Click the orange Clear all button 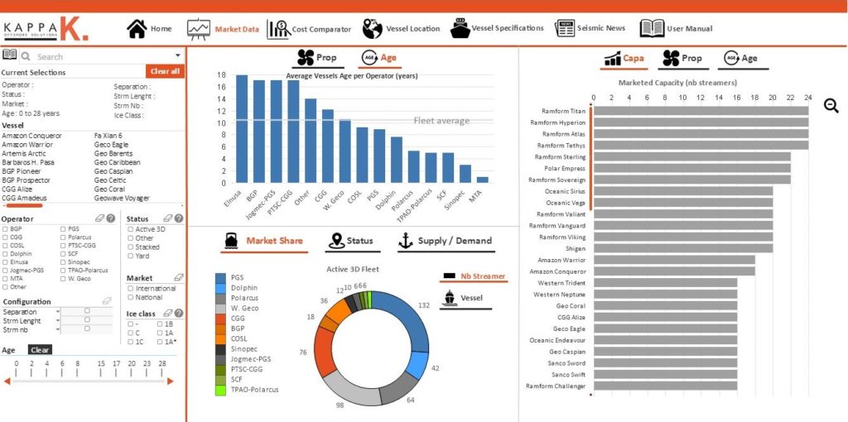pyautogui.click(x=165, y=71)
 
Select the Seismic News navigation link pyautogui.click(x=590, y=28)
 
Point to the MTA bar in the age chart pyautogui.click(x=483, y=179)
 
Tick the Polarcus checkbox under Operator pyautogui.click(x=64, y=237)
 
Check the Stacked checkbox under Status pyautogui.click(x=130, y=247)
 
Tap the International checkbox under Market pyautogui.click(x=130, y=288)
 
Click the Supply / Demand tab pyautogui.click(x=445, y=241)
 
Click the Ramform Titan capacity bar pyautogui.click(x=701, y=111)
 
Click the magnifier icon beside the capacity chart pyautogui.click(x=831, y=105)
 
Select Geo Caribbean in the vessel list pyautogui.click(x=118, y=162)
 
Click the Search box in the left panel pyautogui.click(x=99, y=56)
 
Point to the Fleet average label pyautogui.click(x=441, y=121)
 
